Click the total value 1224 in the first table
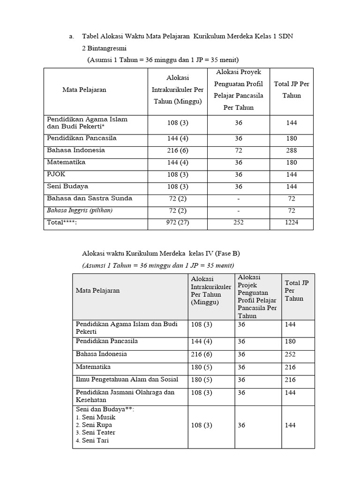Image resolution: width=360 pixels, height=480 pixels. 292,223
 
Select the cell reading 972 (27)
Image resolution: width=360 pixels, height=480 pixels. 178,223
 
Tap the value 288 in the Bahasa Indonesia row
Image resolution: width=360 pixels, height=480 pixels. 292,150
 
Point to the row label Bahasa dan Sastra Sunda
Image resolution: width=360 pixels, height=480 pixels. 90,198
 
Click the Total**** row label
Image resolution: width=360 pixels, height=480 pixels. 61,223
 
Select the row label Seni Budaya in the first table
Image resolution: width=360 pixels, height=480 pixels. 67,186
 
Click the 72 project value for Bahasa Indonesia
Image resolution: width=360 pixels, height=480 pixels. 239,150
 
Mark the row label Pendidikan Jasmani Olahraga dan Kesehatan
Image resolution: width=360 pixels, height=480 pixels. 125,396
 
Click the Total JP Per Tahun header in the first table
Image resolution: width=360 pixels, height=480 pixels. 292,90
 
